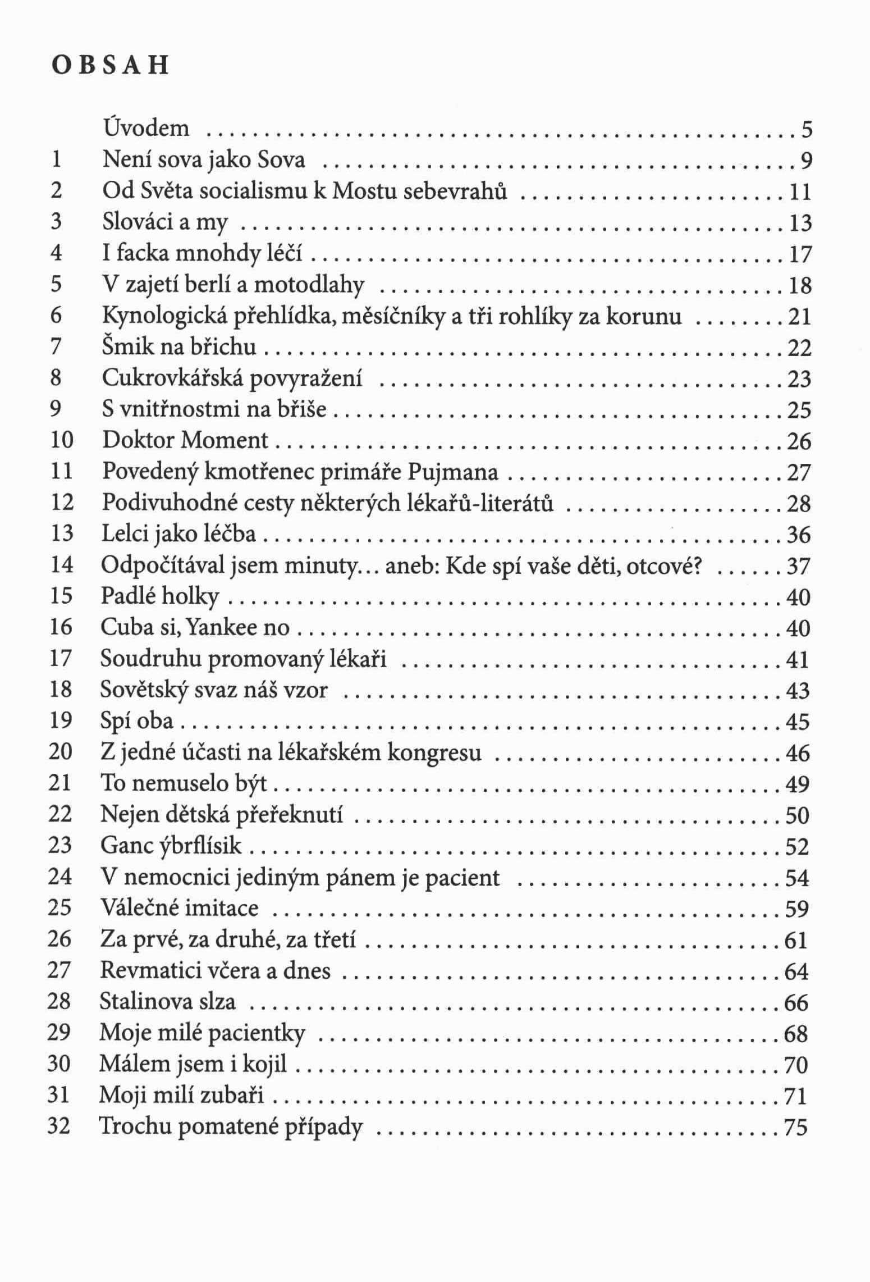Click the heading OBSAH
coord(109,66)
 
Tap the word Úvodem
coord(146,129)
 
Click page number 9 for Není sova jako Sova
coord(805,162)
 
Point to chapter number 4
coord(56,253)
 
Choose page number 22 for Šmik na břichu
coord(799,348)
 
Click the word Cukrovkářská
coord(172,378)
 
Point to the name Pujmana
coord(452,472)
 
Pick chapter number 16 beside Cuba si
coord(61,627)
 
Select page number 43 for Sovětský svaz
coord(798,690)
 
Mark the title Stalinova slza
coord(167,1001)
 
